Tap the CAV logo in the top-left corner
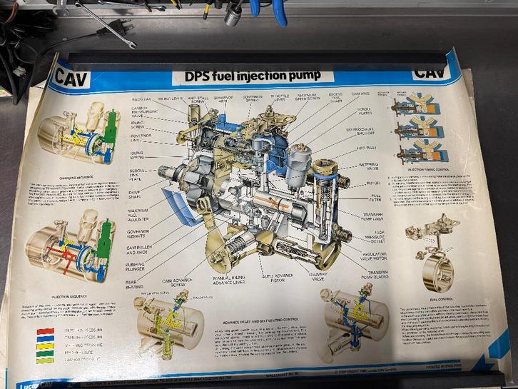[71, 77]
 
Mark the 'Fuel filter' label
[375, 197]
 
